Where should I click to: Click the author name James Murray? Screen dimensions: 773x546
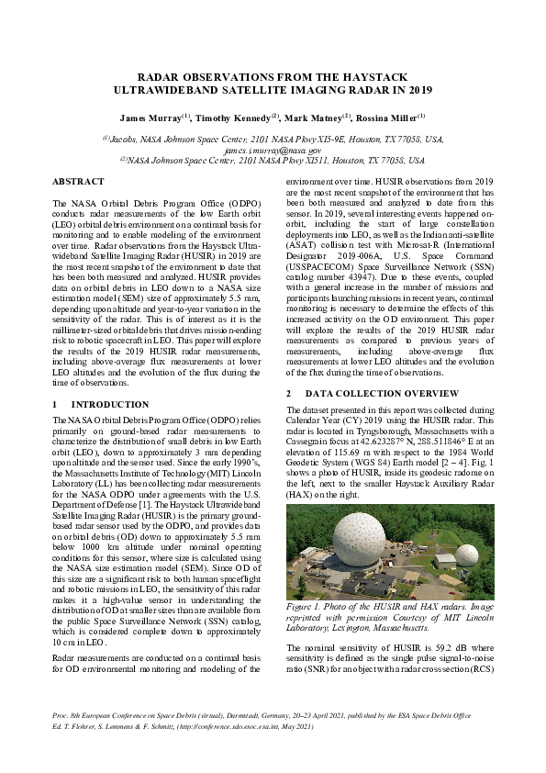(x=150, y=118)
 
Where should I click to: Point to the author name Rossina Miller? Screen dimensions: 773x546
(x=388, y=118)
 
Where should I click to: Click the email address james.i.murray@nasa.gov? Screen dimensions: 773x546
(x=273, y=149)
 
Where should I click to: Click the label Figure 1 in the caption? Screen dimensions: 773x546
(x=306, y=608)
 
